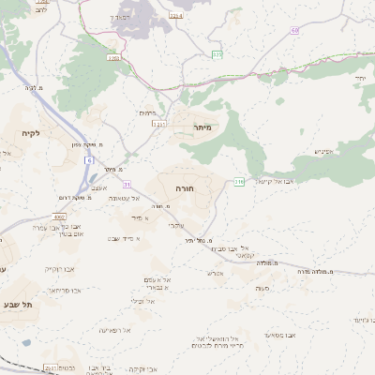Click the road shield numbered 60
(x=295, y=30)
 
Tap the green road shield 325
(x=217, y=55)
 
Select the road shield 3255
(x=115, y=59)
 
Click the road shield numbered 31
(x=127, y=185)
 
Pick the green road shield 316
(x=239, y=181)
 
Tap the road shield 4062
(x=59, y=216)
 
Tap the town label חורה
(x=185, y=187)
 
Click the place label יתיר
(x=360, y=79)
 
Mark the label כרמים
(x=148, y=112)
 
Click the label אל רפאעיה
(x=113, y=330)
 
